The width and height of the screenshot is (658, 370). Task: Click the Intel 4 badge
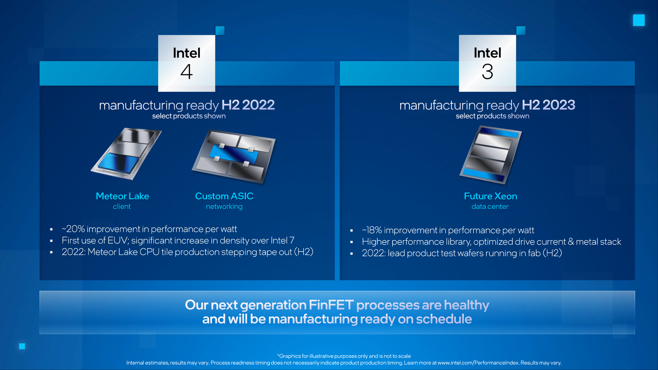point(186,63)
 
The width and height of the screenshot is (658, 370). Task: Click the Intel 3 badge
point(487,63)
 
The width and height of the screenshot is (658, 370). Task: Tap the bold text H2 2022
point(248,105)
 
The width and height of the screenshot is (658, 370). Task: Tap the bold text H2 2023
point(548,105)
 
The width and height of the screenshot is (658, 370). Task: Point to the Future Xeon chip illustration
point(490,155)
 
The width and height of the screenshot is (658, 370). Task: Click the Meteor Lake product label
point(122,196)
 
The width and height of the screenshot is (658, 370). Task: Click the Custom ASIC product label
point(224,196)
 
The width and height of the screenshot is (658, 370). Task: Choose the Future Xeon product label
point(490,196)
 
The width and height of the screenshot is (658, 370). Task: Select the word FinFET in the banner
point(331,305)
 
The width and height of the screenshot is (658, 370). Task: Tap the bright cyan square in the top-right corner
point(639,20)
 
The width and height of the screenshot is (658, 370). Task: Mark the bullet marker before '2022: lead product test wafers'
point(351,254)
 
